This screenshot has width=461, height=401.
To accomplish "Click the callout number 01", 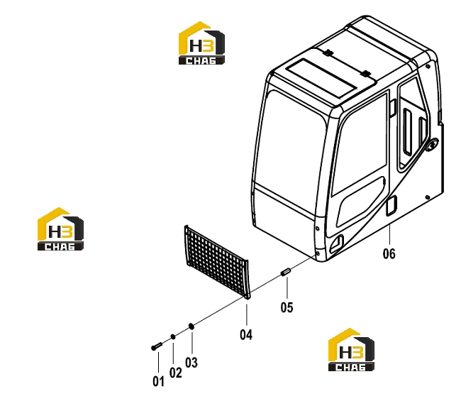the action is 158,382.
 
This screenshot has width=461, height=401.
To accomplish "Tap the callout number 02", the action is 175,373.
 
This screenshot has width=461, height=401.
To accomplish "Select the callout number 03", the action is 191,363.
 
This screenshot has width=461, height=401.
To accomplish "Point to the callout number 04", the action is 246,335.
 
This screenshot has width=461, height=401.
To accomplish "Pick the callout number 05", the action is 287,307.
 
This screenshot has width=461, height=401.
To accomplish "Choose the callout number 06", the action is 389,253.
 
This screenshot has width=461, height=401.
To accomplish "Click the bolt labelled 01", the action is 157,346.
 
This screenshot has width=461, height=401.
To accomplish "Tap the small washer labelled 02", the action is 173,337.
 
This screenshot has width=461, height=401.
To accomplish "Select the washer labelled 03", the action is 191,326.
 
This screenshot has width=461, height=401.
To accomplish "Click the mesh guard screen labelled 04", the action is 217,262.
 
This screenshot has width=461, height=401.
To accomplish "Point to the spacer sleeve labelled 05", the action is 286,272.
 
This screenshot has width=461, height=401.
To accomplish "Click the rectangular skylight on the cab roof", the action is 321,79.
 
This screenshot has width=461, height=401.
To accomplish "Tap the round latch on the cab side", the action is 432,145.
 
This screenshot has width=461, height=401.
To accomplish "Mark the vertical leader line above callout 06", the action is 389,234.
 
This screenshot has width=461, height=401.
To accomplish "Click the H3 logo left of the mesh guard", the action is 60,229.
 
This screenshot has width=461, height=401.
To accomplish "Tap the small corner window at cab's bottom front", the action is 337,243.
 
